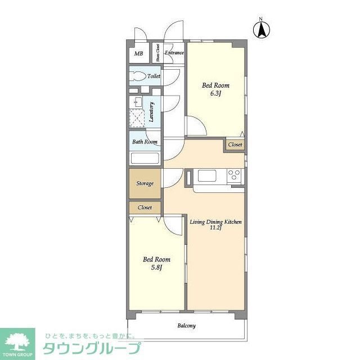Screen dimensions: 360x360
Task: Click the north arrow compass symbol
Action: pyautogui.click(x=262, y=29)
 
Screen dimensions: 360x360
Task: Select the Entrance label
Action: pyautogui.click(x=174, y=53)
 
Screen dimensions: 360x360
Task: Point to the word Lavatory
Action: pyautogui.click(x=152, y=111)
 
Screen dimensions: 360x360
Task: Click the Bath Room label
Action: pyautogui.click(x=145, y=142)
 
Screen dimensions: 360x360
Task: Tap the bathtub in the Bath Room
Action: pyautogui.click(x=145, y=157)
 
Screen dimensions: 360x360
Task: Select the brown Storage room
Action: pyautogui.click(x=145, y=183)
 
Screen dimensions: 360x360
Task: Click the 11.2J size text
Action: pyautogui.click(x=215, y=228)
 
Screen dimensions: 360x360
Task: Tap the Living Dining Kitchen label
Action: pyautogui.click(x=215, y=222)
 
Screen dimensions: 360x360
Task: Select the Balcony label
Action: pyautogui.click(x=187, y=326)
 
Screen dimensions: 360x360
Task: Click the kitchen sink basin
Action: pyautogui.click(x=207, y=176)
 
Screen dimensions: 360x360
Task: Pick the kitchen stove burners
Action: pyautogui.click(x=234, y=176)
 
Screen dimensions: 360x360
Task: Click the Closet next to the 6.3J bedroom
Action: pyautogui.click(x=235, y=145)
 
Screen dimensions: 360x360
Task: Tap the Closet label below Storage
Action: pyautogui.click(x=145, y=208)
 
